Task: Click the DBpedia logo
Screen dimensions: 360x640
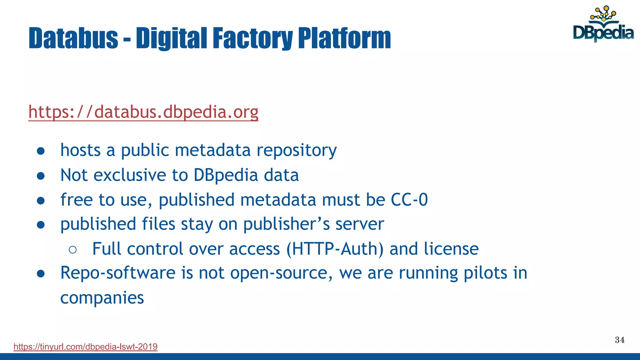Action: [603, 24]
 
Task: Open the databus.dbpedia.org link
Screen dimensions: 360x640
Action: [143, 112]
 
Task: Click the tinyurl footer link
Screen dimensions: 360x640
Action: [85, 347]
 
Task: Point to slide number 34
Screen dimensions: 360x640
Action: [620, 340]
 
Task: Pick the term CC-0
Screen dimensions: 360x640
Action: [409, 200]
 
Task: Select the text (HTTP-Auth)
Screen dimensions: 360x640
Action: [335, 249]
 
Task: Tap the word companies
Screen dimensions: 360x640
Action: [102, 298]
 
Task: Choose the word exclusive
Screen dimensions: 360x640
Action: [130, 175]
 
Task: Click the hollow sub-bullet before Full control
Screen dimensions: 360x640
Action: [72, 249]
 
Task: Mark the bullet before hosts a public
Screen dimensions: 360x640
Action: [41, 151]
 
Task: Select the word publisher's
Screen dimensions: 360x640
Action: [286, 224]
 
